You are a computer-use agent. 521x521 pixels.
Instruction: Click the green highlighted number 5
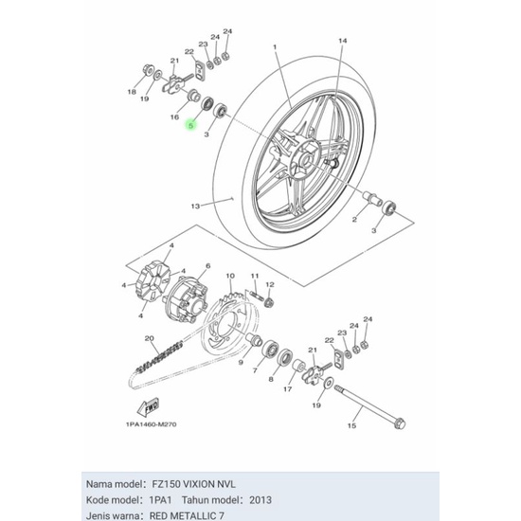coord(190,126)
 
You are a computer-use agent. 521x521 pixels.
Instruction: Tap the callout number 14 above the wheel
coord(343,41)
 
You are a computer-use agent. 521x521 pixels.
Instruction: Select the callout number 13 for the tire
coord(195,207)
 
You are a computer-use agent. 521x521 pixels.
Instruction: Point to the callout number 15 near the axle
coord(351,425)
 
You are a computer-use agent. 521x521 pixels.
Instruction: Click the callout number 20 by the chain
coord(149,338)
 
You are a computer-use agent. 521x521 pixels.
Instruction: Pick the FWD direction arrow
coord(148,407)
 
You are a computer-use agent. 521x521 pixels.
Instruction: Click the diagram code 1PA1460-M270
coord(152,424)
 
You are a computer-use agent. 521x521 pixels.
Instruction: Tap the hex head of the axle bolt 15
coord(400,423)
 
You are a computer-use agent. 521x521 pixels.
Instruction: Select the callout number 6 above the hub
coord(208,266)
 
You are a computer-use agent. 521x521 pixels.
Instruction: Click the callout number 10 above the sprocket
coord(230,276)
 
